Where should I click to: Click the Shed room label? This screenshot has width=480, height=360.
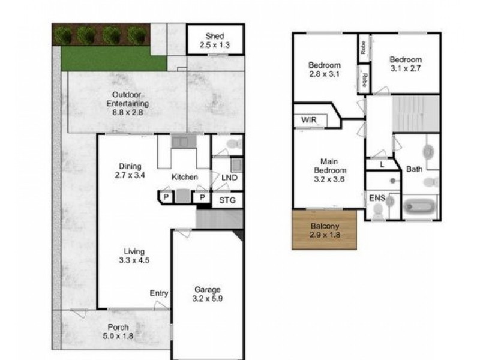[x=214, y=40]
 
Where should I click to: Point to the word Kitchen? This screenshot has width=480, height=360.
[x=184, y=178]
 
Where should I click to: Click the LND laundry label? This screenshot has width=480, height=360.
[x=229, y=178]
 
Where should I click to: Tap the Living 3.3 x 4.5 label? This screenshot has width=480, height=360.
[x=134, y=256]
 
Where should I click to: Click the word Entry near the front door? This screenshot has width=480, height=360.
[x=159, y=293]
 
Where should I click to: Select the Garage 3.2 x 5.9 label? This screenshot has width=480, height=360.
[x=206, y=294]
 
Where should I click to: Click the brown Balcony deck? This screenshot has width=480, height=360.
[x=325, y=230]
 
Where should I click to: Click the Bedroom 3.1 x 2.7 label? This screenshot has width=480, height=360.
[x=406, y=64]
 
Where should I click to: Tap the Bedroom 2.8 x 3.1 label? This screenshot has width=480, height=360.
[x=325, y=70]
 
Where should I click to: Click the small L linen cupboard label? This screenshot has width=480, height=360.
[x=382, y=164]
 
